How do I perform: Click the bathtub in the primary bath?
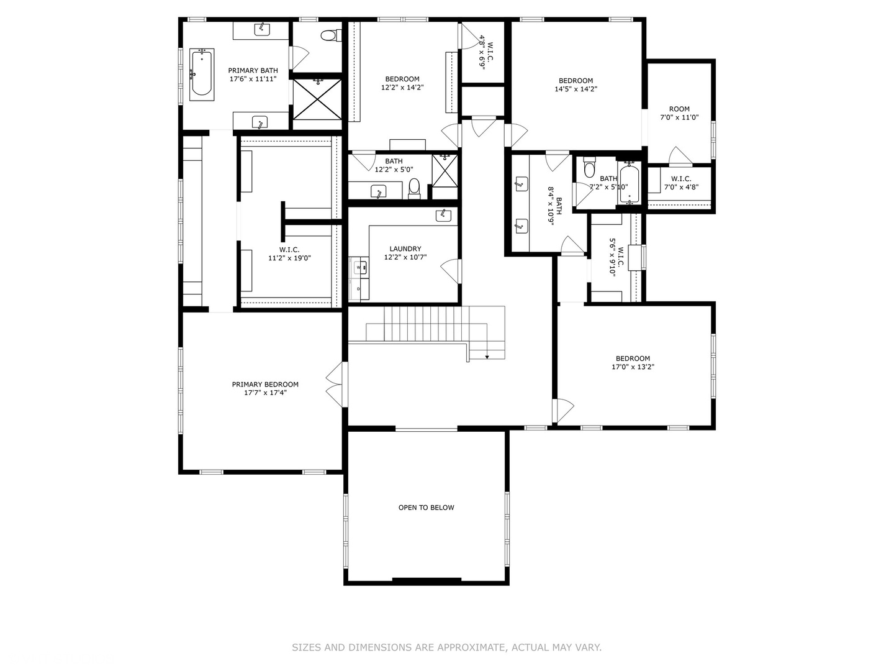pyautogui.click(x=202, y=75)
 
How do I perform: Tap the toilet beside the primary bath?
pyautogui.click(x=328, y=35)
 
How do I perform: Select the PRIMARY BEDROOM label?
pyautogui.click(x=265, y=388)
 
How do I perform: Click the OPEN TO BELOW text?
pyautogui.click(x=426, y=507)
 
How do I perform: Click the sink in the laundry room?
pyautogui.click(x=443, y=215)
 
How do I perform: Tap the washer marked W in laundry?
pyautogui.click(x=359, y=267)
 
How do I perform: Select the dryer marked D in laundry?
pyautogui.click(x=359, y=289)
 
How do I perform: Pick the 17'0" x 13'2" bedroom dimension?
pyautogui.click(x=633, y=367)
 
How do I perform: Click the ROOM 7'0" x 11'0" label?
pyautogui.click(x=679, y=113)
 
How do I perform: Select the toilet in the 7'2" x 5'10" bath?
pyautogui.click(x=589, y=168)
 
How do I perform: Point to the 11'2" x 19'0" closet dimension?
pyautogui.click(x=289, y=258)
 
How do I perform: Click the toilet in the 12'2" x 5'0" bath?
pyautogui.click(x=414, y=188)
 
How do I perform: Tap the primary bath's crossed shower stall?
pyautogui.click(x=317, y=99)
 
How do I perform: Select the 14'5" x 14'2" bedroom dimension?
pyautogui.click(x=576, y=89)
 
